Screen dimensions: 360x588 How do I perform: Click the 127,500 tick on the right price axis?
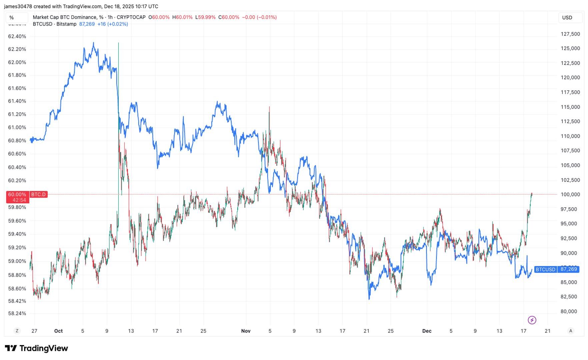tap(570, 34)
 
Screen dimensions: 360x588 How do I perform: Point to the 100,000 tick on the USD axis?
tap(570, 194)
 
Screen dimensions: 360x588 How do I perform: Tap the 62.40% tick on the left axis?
tap(17, 36)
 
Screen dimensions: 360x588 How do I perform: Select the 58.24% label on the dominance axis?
tap(17, 313)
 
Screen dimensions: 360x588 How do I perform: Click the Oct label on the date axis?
tap(58, 331)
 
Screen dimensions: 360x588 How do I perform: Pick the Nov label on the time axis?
tap(246, 331)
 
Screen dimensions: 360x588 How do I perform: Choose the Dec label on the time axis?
tap(427, 331)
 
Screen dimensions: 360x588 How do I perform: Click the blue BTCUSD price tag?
tap(545, 269)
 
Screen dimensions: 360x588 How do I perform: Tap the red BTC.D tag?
tap(38, 194)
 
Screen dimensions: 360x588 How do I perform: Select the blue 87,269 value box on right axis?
tap(569, 269)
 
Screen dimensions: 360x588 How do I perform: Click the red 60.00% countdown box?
tap(17, 197)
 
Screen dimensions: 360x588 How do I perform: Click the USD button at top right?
tap(567, 18)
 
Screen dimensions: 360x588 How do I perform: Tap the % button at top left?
tap(12, 18)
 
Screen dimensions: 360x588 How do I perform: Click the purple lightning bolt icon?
tap(532, 320)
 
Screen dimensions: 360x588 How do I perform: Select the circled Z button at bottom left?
tap(17, 331)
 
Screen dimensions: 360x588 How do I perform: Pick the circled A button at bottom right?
tap(571, 331)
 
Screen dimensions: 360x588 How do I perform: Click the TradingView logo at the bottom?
tap(37, 348)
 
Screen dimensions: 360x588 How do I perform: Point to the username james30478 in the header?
tap(18, 6)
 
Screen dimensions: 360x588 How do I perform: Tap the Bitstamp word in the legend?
tap(66, 24)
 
